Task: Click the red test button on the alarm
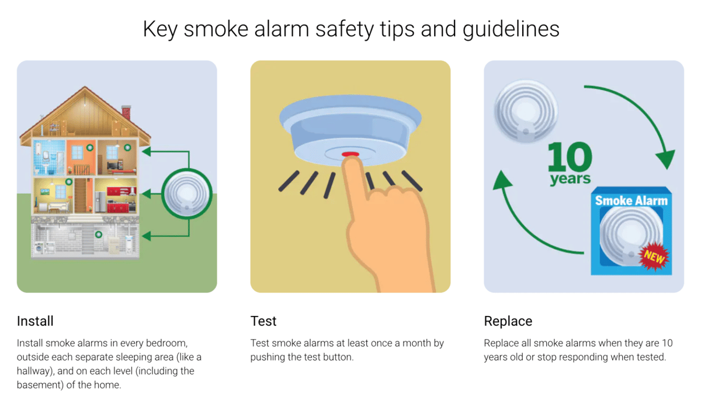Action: pyautogui.click(x=350, y=154)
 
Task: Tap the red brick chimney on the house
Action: pyautogui.click(x=126, y=112)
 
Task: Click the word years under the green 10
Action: pyautogui.click(x=570, y=178)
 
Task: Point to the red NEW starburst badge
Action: pyautogui.click(x=654, y=256)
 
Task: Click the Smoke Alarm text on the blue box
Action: pyautogui.click(x=631, y=201)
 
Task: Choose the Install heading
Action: pyautogui.click(x=35, y=321)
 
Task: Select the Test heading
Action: pyautogui.click(x=263, y=321)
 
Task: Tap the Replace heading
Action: pyautogui.click(x=508, y=321)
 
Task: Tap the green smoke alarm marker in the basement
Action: pyautogui.click(x=99, y=235)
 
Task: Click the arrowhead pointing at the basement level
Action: pyautogui.click(x=147, y=236)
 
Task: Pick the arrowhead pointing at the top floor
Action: pyautogui.click(x=147, y=152)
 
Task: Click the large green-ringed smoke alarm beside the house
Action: pyautogui.click(x=186, y=194)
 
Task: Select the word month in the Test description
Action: pyautogui.click(x=415, y=344)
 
